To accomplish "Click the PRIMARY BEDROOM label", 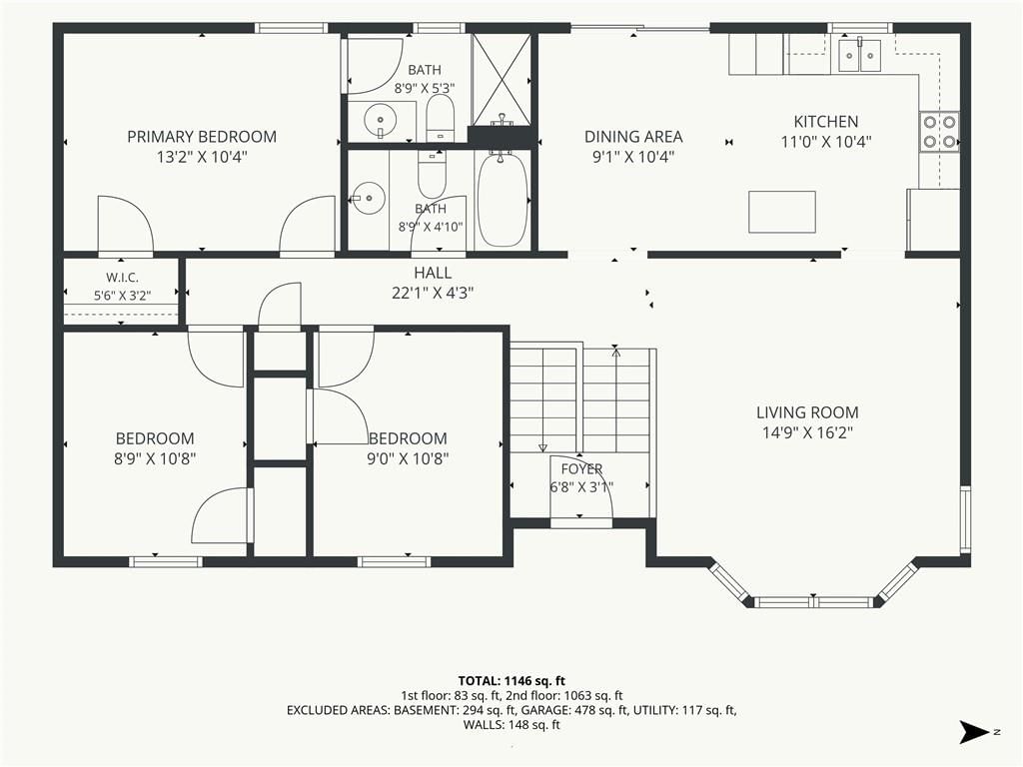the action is (202, 137).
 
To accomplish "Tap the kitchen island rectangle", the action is (781, 212).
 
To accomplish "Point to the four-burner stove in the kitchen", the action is (939, 132).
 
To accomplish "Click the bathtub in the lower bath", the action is (503, 200).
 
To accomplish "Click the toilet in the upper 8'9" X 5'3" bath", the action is (441, 118).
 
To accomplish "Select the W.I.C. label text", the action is (122, 278).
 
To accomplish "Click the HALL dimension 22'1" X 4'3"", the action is (433, 293).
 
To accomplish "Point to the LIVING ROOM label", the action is (807, 412).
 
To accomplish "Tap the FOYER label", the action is (581, 469).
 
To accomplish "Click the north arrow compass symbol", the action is (975, 732).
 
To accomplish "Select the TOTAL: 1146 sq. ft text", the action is (511, 681).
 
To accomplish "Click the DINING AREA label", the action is (633, 137).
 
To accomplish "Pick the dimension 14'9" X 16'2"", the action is (807, 432).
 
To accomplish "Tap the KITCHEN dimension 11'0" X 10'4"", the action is (826, 142).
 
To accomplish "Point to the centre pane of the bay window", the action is (815, 601).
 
